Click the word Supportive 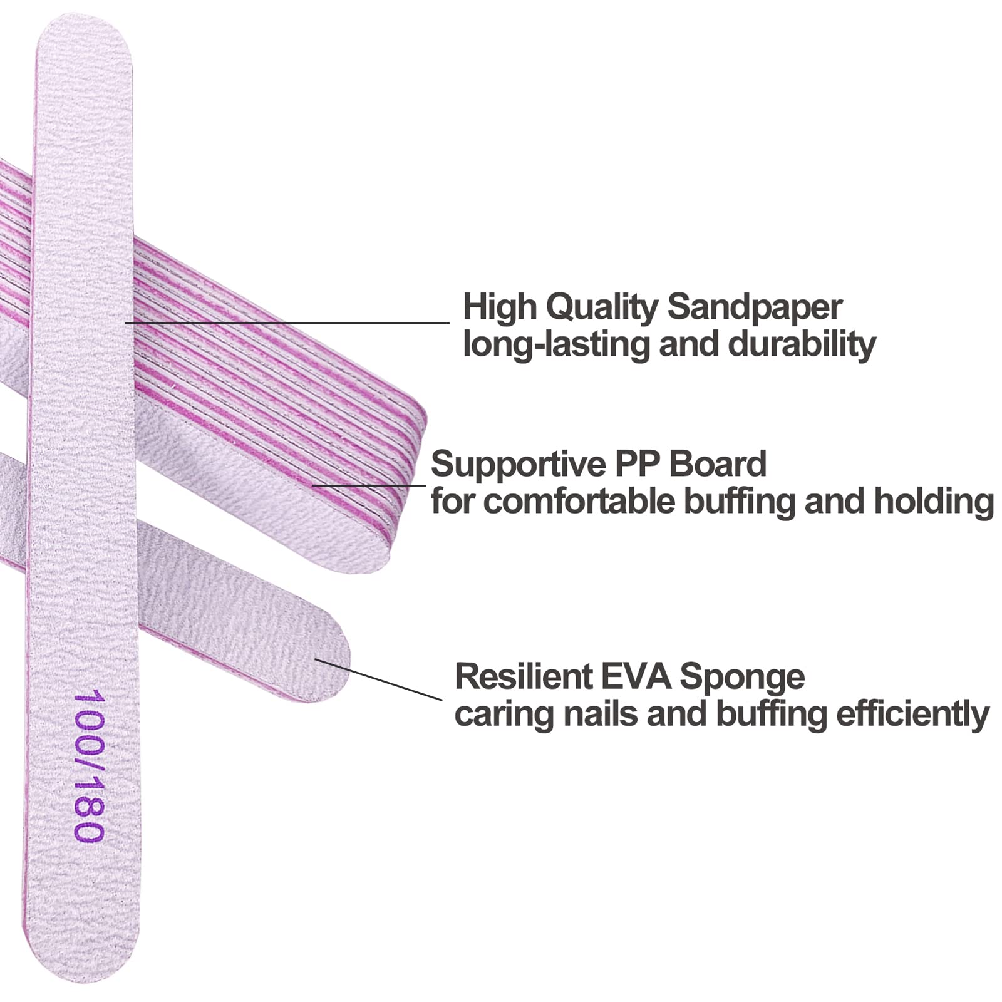coord(517,464)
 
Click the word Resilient coord(523,676)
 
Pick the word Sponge coord(742,678)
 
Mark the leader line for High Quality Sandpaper coord(288,323)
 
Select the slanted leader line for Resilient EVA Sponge coord(379,679)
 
